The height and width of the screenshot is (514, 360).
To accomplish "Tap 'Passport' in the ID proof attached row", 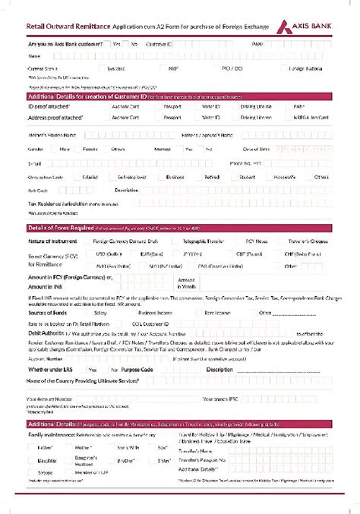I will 172,107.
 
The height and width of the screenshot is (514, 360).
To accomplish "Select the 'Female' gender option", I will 89,149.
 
